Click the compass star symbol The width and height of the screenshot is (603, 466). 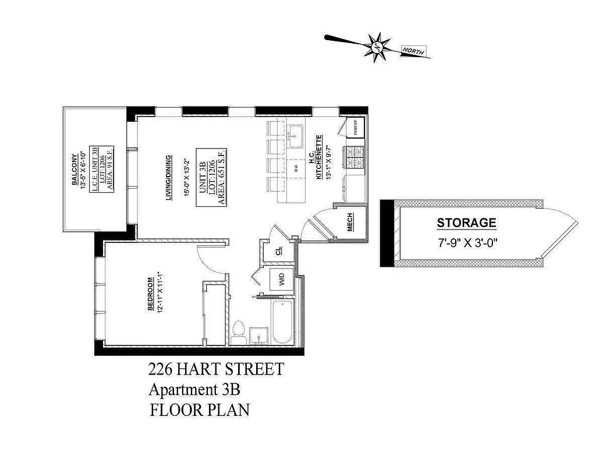pos(377,46)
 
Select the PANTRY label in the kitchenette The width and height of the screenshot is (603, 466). pos(354,128)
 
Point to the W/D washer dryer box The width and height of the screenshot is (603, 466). pos(282,279)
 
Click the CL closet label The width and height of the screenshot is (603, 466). pos(279,252)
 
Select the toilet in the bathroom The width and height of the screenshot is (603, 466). pos(237,333)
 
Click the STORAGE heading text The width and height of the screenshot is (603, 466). pos(466,223)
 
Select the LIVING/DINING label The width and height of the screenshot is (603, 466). pos(168,178)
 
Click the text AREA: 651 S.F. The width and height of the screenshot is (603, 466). pos(222,175)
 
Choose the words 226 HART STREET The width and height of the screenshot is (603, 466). pos(216,369)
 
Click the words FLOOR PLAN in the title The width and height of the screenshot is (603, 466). pos(200,409)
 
